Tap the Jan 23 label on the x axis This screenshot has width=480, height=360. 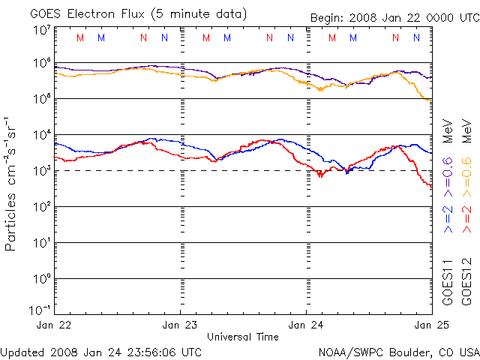coord(180,325)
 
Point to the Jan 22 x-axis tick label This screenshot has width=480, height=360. coord(54,325)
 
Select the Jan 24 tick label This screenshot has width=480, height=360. coord(306,325)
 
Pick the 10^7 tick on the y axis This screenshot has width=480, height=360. coord(42,30)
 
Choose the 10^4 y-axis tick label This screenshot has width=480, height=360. coord(42,135)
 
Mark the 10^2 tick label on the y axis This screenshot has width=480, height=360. coord(42,206)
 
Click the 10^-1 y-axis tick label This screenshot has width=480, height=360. coord(40,310)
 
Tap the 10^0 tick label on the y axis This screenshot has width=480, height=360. coord(42,278)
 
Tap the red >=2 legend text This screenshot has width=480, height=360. coord(466,214)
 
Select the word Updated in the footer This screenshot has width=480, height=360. coord(22,352)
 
